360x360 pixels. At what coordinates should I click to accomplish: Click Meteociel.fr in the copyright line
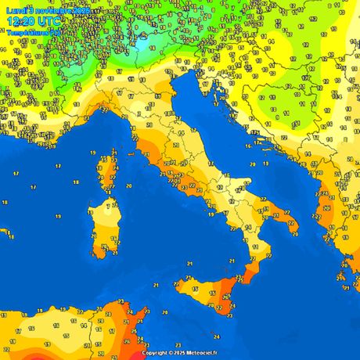coord(199,353)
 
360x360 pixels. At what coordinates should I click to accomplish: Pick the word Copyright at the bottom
coord(156,353)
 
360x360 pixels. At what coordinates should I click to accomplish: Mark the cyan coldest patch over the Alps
coord(141,45)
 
